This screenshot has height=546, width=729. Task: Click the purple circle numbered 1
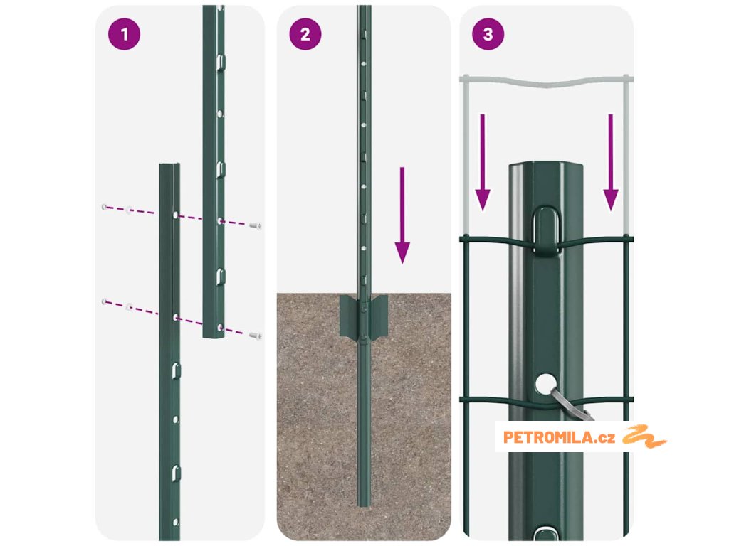[124, 34]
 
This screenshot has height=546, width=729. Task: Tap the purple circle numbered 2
[305, 34]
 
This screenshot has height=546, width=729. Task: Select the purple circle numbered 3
[488, 34]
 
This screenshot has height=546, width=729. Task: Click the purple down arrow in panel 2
[402, 215]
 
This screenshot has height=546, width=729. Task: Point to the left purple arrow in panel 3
[483, 163]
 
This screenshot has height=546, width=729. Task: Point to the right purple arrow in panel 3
[610, 163]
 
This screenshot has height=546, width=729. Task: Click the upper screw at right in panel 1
[256, 225]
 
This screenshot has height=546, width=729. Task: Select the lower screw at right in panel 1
[256, 336]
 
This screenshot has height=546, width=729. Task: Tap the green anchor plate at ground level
[364, 316]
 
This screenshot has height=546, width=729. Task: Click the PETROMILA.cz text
[559, 437]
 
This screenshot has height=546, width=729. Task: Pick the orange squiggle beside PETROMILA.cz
[644, 436]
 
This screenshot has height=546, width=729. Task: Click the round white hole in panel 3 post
[545, 385]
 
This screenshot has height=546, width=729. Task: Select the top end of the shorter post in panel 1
[169, 166]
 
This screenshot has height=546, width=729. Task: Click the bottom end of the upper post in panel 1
[214, 335]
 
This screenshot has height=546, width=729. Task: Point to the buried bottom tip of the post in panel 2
[364, 505]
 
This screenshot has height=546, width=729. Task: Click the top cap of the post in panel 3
[546, 166]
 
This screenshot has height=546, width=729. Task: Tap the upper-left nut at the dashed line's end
[105, 207]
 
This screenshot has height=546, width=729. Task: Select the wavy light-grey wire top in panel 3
[546, 82]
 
